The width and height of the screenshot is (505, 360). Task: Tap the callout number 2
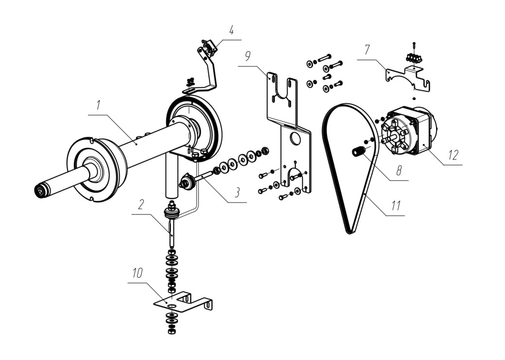[x=141, y=205]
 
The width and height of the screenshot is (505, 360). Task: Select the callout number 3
[x=237, y=192]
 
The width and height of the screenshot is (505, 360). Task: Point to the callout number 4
[x=231, y=30]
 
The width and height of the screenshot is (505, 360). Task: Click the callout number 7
[x=367, y=50]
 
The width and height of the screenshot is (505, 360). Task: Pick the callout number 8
[x=399, y=170]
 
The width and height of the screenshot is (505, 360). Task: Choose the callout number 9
[x=247, y=56]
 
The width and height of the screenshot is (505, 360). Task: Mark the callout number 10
[x=137, y=274]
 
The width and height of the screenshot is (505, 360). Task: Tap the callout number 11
[x=396, y=205]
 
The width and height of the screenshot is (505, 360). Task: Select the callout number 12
[x=453, y=155]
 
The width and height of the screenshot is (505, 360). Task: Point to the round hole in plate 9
[x=295, y=138]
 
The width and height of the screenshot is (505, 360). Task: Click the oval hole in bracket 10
[x=172, y=305]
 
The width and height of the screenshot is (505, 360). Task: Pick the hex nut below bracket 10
[x=172, y=331]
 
